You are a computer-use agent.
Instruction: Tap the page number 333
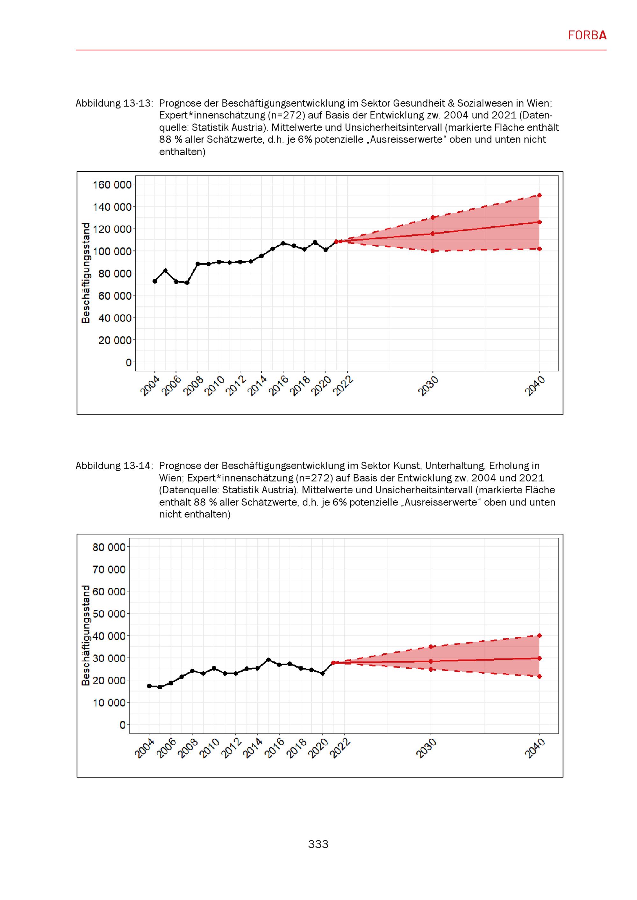[x=318, y=844]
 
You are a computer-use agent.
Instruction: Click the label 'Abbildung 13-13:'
[x=114, y=103]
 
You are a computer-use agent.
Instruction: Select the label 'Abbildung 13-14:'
[x=114, y=466]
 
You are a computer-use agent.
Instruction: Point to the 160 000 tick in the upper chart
[x=112, y=185]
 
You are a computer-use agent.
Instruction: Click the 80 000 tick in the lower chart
[x=109, y=547]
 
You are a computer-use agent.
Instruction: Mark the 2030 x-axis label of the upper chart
[x=428, y=386]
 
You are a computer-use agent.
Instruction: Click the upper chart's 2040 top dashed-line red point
[x=539, y=195]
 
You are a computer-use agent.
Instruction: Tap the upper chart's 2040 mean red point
[x=539, y=222]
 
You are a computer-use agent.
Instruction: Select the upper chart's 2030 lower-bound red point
[x=433, y=251]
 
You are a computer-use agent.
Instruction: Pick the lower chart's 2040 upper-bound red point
[x=539, y=636]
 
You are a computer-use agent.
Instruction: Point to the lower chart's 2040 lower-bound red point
[x=539, y=677]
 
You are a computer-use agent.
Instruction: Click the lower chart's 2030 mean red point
[x=431, y=661]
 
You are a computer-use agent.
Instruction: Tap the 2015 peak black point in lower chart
[x=268, y=660]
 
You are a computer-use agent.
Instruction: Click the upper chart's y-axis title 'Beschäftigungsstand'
[x=85, y=273]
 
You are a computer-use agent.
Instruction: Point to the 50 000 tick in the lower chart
[x=109, y=614]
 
